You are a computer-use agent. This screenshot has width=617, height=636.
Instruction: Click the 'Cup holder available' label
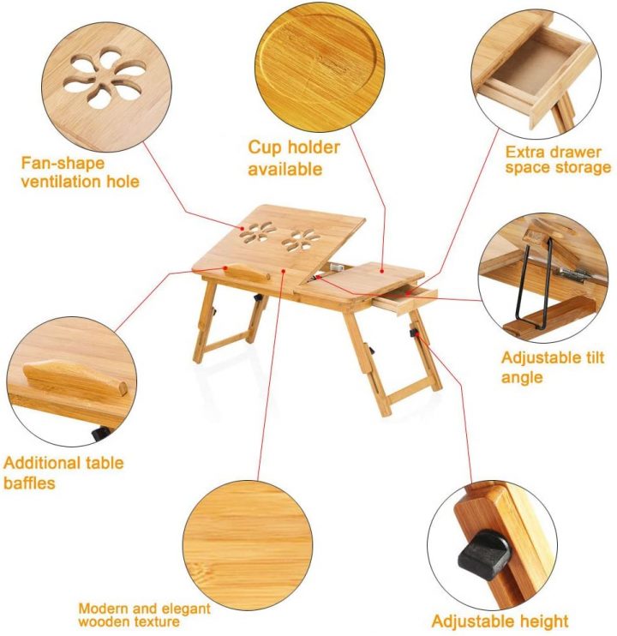pyautogui.click(x=293, y=158)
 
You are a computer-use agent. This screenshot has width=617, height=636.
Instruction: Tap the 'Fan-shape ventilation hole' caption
pyautogui.click(x=80, y=172)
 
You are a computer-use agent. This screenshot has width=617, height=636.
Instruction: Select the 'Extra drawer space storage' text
pyautogui.click(x=558, y=159)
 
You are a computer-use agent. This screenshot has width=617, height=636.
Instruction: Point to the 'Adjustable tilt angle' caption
pyautogui.click(x=553, y=367)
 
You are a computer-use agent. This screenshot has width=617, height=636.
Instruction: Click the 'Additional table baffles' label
pyautogui.click(x=63, y=472)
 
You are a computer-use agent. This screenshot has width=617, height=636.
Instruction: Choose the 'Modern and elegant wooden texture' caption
pyautogui.click(x=144, y=615)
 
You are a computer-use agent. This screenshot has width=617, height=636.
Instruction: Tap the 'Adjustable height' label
pyautogui.click(x=500, y=621)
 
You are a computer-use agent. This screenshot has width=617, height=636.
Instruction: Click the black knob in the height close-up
pyautogui.click(x=484, y=555)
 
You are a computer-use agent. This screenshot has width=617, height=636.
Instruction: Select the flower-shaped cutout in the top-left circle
pyautogui.click(x=105, y=78)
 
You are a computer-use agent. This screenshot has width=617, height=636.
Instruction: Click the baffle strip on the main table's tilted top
pyautogui.click(x=249, y=272)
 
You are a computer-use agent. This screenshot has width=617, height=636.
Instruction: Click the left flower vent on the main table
pyautogui.click(x=258, y=232)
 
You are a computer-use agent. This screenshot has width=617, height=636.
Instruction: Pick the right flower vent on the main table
pyautogui.click(x=301, y=240)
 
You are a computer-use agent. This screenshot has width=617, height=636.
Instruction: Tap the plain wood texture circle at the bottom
pyautogui.click(x=248, y=545)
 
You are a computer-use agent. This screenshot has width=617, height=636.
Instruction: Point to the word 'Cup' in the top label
pyautogui.click(x=263, y=147)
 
